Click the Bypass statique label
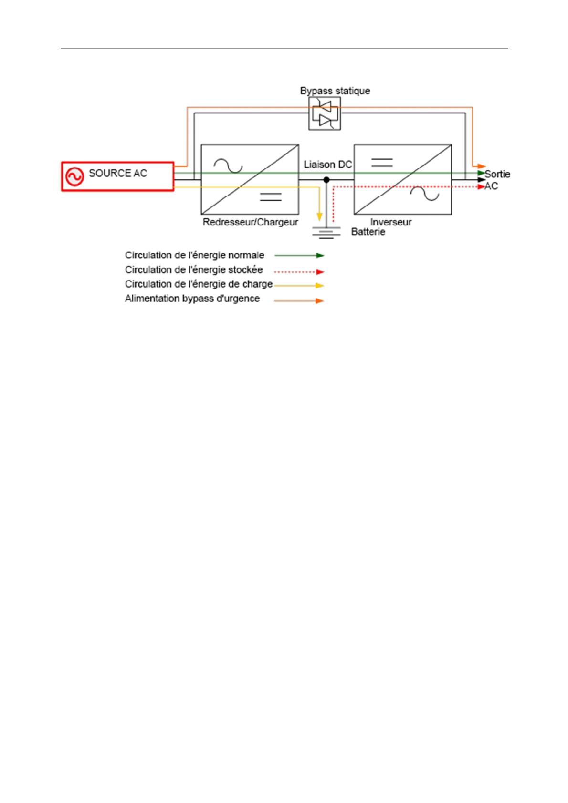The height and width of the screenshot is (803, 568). click(335, 91)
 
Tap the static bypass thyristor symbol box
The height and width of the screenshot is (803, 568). click(325, 113)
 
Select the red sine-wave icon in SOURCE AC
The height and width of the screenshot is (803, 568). click(75, 176)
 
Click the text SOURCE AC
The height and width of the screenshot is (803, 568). click(118, 173)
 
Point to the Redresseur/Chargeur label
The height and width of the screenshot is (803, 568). click(250, 222)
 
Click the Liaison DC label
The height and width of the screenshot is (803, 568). click(327, 165)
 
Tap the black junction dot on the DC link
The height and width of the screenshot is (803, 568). click(326, 180)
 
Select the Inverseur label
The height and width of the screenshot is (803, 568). click(391, 222)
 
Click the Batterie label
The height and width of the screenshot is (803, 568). click(368, 232)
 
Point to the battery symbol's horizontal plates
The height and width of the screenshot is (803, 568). click(326, 233)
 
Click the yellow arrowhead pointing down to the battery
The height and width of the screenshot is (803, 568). click(319, 217)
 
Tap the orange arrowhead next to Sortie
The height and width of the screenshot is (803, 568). click(481, 166)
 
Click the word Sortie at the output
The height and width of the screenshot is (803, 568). click(497, 174)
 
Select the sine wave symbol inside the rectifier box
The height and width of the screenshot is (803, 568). click(228, 165)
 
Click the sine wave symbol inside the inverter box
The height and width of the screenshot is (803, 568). click(424, 194)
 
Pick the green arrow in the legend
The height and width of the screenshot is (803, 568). click(299, 255)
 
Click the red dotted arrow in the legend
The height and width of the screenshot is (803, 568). click(299, 272)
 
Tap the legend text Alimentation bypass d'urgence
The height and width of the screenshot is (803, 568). click(192, 299)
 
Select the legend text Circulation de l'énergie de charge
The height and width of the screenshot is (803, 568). click(199, 284)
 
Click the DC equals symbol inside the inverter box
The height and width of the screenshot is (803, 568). click(381, 163)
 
